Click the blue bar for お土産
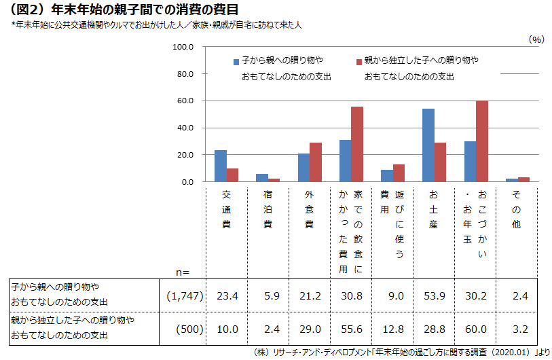pos(428,145)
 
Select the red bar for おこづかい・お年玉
pos(482,141)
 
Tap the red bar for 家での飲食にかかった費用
pos(357,144)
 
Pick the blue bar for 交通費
pos(221,166)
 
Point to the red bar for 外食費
pos(316,162)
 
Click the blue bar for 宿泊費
pos(262,178)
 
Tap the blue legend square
pos(236,61)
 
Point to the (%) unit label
pos(536,39)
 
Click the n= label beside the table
pos(182,272)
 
